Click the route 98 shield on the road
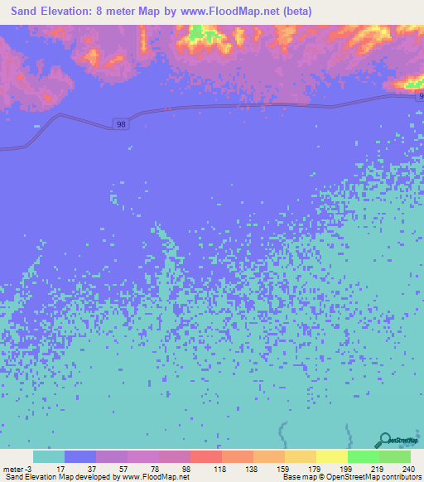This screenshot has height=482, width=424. point(122,124)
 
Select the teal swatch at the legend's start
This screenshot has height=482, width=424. point(49,456)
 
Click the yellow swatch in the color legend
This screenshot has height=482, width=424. point(331,456)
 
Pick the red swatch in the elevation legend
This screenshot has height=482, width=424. point(206,456)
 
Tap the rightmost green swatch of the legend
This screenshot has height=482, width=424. point(394,456)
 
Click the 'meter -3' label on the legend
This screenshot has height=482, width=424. point(17,468)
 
